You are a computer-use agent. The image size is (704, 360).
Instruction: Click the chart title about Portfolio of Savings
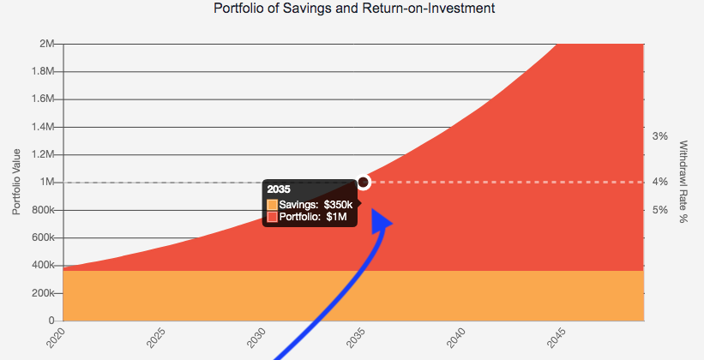354,9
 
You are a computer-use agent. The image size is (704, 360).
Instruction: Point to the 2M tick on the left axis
48,44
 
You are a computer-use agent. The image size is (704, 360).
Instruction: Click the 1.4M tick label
44,127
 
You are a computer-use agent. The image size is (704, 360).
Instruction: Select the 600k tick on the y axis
44,238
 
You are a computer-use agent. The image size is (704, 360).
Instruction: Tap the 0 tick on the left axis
53,321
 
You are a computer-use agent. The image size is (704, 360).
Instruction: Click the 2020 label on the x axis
54,338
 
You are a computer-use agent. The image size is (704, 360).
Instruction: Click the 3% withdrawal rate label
659,135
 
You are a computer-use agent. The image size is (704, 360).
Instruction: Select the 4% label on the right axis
659,182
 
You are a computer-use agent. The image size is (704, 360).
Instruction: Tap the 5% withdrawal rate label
659,210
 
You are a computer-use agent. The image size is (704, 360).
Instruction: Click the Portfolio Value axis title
16,182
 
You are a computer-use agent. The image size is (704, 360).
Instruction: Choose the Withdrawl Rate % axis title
683,182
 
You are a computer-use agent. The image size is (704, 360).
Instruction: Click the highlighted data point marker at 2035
364,182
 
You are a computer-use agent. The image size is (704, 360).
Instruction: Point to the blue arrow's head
382,222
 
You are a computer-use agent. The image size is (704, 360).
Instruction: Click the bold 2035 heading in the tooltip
279,189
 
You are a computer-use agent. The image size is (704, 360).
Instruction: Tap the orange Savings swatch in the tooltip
273,205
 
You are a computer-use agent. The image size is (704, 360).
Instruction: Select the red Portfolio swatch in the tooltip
273,217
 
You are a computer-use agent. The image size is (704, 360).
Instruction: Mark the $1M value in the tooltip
337,217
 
